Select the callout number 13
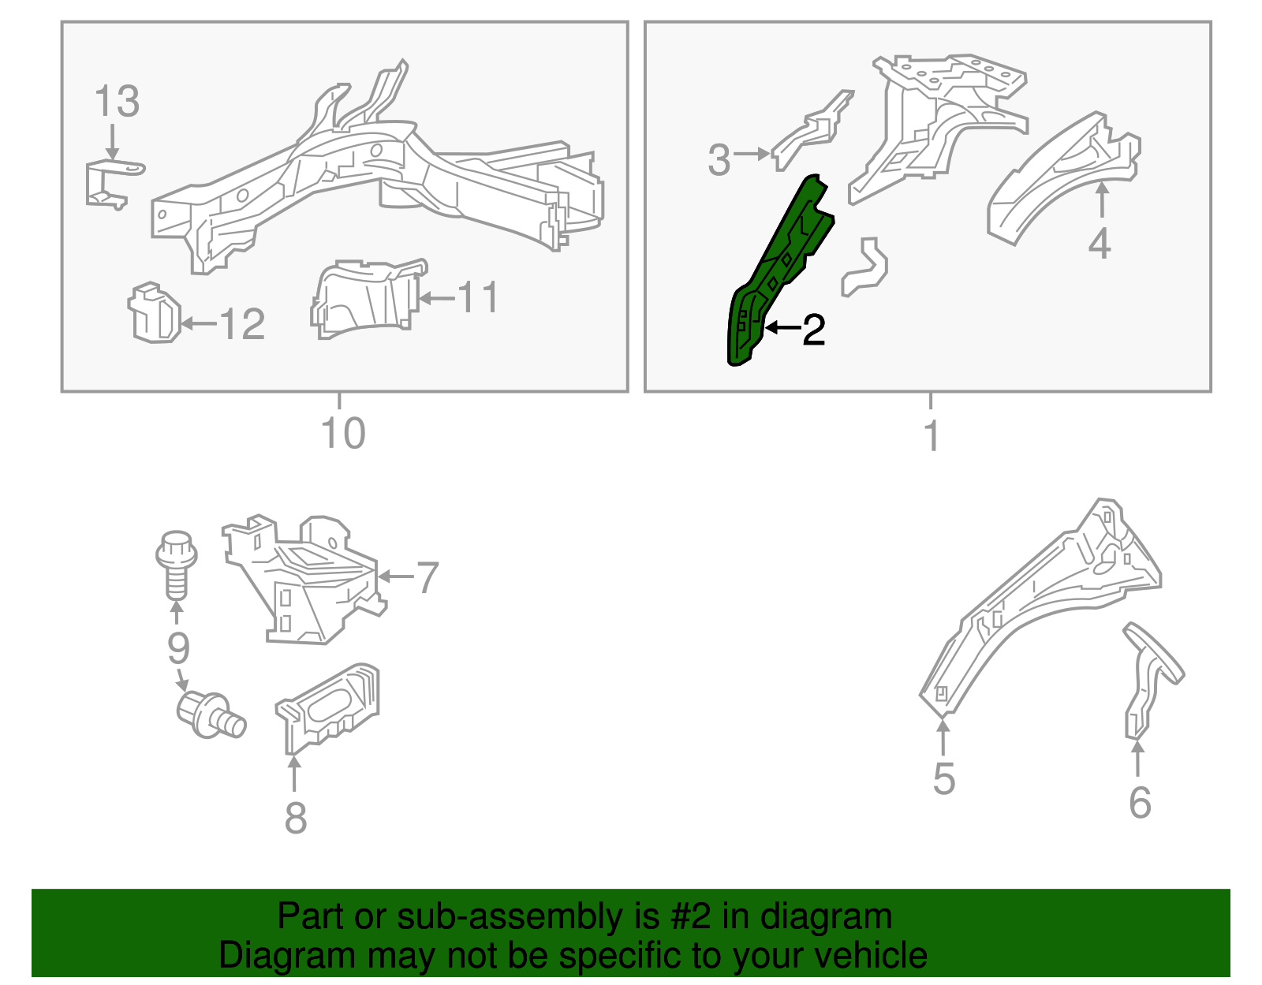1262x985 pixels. (117, 102)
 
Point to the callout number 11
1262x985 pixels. (478, 298)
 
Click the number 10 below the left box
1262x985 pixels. (343, 433)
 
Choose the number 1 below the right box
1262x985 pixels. (932, 435)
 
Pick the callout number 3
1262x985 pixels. (719, 159)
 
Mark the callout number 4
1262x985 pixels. (1100, 244)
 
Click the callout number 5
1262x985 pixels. (944, 779)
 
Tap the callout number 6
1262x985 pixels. (1140, 804)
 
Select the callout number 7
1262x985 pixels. (428, 577)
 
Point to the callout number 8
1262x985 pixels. (296, 819)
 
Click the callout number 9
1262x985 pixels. (178, 648)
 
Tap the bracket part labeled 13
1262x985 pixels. (114, 184)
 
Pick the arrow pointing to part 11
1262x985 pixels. (437, 298)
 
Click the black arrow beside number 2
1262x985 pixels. (783, 328)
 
